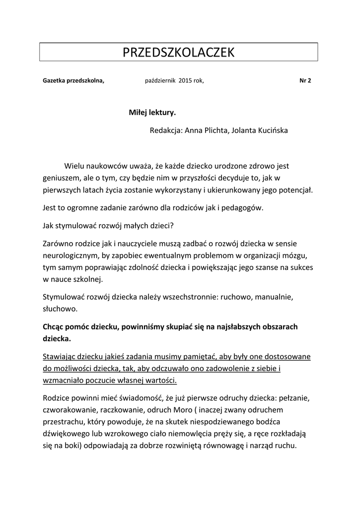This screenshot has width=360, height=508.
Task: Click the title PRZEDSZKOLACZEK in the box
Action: pyautogui.click(x=178, y=53)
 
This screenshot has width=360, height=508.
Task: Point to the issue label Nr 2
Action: pyautogui.click(x=305, y=80)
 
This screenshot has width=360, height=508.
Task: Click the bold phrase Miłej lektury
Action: pyautogui.click(x=152, y=113)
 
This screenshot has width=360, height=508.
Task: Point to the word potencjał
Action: pyautogui.click(x=295, y=190)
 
